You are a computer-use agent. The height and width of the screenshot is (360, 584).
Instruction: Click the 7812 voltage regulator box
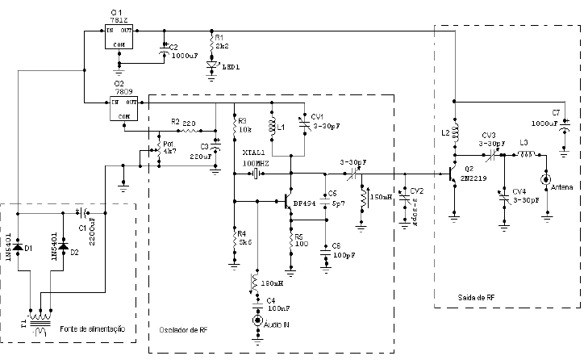(119, 37)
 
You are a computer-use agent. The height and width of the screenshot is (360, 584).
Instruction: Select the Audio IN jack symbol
(258, 320)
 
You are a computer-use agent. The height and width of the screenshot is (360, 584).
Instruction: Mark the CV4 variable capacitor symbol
(504, 199)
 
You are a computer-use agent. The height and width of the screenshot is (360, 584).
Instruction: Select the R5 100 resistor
(288, 240)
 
